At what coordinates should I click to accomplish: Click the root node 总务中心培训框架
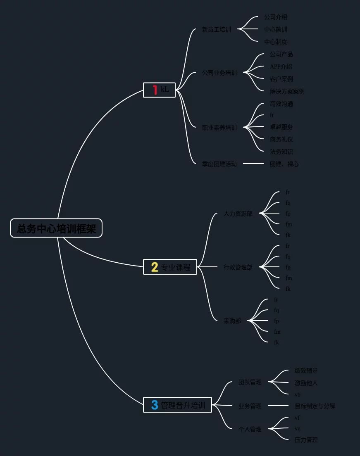[x=56, y=228]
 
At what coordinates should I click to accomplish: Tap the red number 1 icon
[x=155, y=90]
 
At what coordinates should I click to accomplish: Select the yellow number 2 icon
[x=155, y=267]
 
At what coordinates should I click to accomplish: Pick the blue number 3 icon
[x=155, y=405]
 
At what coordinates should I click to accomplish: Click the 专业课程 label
[x=176, y=267]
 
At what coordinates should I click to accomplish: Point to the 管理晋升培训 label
[x=183, y=405]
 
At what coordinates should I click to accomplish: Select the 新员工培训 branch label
[x=216, y=29]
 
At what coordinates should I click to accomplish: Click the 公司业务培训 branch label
[x=219, y=73]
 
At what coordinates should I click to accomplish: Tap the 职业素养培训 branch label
[x=219, y=128]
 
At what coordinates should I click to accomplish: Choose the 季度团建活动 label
[x=219, y=164]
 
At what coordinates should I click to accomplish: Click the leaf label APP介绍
[x=281, y=66]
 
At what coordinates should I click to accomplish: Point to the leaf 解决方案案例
[x=287, y=91]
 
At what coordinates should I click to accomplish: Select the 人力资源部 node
[x=238, y=214]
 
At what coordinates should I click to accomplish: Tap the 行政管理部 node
[x=238, y=267]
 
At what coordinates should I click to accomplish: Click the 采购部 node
[x=232, y=321]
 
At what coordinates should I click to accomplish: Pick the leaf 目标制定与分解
[x=315, y=406]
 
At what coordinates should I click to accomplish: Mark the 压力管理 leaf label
[x=306, y=440]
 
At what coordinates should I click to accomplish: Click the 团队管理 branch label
[x=250, y=382]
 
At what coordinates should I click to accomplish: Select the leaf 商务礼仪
[x=281, y=139]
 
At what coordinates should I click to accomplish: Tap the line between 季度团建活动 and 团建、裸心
[x=253, y=164]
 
